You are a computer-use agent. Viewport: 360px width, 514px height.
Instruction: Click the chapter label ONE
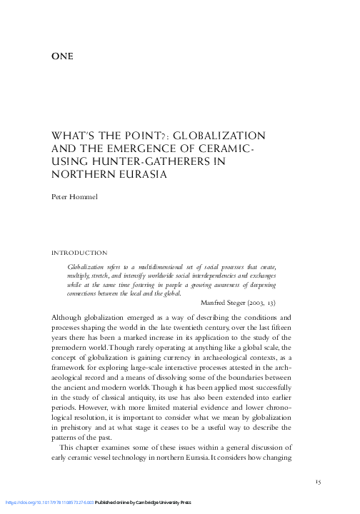click(64, 56)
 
